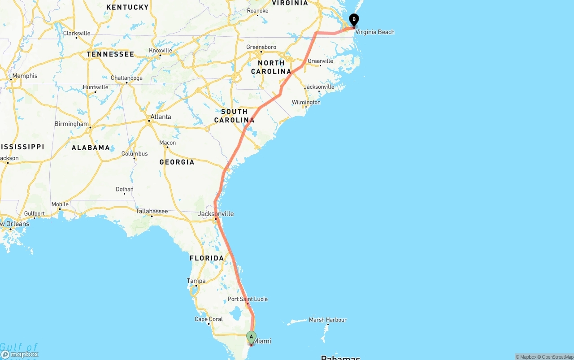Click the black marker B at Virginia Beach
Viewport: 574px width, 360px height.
click(354, 20)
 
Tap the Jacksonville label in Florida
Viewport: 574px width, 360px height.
click(216, 214)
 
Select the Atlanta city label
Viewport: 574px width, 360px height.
click(160, 117)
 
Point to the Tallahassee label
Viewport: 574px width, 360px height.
click(152, 211)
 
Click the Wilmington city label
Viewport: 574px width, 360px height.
click(306, 102)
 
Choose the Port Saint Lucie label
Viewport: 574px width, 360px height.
click(248, 299)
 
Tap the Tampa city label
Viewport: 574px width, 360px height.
click(196, 281)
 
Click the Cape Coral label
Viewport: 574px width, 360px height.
click(209, 319)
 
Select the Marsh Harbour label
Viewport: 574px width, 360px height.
click(327, 320)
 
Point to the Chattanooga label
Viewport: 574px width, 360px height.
click(126, 78)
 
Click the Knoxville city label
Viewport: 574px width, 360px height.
click(160, 51)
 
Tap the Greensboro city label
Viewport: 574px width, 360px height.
click(261, 47)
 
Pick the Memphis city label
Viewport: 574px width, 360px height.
click(25, 76)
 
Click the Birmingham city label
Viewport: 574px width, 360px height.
click(71, 124)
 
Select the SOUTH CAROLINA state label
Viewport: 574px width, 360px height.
click(234, 116)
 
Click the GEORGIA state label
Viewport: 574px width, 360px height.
click(177, 162)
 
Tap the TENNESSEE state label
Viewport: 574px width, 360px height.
click(110, 54)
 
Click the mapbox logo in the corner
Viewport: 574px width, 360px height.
click(20, 354)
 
